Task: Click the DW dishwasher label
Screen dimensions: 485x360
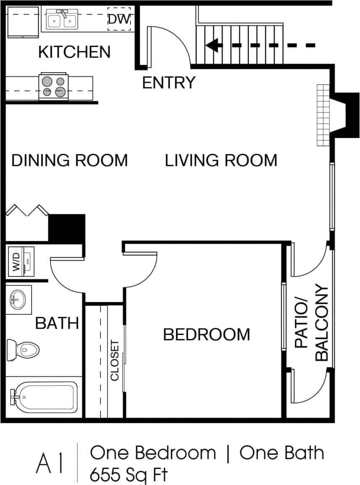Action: pos(120,19)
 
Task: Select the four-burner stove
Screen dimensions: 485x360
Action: pos(53,86)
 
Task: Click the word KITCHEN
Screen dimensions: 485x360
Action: pos(74,52)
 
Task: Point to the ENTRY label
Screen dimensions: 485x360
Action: pos(169,83)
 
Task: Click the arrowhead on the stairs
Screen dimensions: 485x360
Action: pos(213,45)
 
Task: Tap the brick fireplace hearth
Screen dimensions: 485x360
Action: pos(323,115)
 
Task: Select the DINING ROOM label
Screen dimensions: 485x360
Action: pos(69,161)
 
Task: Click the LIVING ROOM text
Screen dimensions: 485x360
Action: pos(221,161)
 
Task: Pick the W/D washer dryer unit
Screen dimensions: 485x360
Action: pos(21,261)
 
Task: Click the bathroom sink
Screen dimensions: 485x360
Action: pos(18,300)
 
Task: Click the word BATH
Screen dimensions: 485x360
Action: pos(57,323)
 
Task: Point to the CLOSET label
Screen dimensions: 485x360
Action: pos(115,361)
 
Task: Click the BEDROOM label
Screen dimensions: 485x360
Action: pos(206,335)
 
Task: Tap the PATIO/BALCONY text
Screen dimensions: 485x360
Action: pos(311,324)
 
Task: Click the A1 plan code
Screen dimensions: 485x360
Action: pos(50,464)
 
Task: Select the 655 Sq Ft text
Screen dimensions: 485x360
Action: pos(129,475)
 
